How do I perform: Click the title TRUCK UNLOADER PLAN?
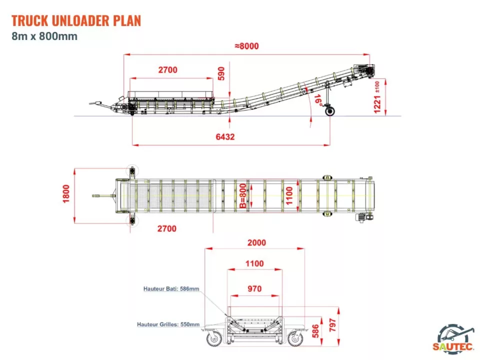(76, 20)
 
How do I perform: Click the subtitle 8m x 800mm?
(44, 36)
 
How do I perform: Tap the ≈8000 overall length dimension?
(246, 46)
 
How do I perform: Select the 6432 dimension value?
(225, 136)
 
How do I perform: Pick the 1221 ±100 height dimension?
(379, 96)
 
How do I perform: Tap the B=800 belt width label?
(242, 195)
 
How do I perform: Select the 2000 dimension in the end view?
(256, 243)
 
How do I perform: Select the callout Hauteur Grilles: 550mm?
(168, 324)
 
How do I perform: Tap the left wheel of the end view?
(213, 339)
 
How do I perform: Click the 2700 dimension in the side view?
(168, 70)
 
